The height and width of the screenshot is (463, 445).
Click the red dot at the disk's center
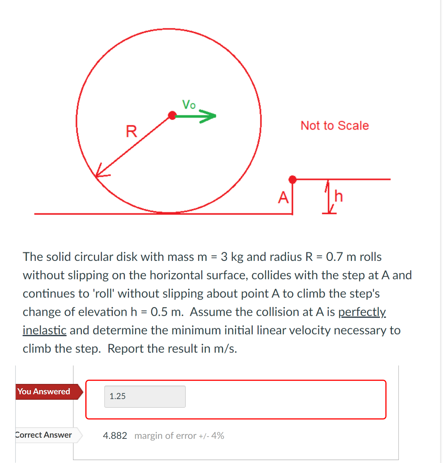tap(172, 115)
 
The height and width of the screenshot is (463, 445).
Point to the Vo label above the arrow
tap(189, 105)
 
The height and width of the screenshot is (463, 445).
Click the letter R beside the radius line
tap(131, 131)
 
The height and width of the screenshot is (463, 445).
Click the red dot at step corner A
tap(292, 180)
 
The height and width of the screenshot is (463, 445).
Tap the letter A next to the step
tap(283, 197)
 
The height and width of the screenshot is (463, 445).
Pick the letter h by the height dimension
tap(338, 196)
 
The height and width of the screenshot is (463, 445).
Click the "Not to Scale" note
tap(334, 126)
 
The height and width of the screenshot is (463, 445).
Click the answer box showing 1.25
tap(145, 396)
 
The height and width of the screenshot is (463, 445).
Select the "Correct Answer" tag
tap(44, 435)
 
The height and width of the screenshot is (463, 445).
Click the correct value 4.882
tap(115, 436)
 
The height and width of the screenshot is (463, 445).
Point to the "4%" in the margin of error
tap(218, 436)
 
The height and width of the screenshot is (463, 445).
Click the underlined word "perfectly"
tap(362, 312)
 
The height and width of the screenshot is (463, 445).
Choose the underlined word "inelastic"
tap(45, 330)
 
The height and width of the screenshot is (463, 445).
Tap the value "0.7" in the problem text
tap(334, 257)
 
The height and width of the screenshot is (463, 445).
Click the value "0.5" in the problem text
tap(159, 312)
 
